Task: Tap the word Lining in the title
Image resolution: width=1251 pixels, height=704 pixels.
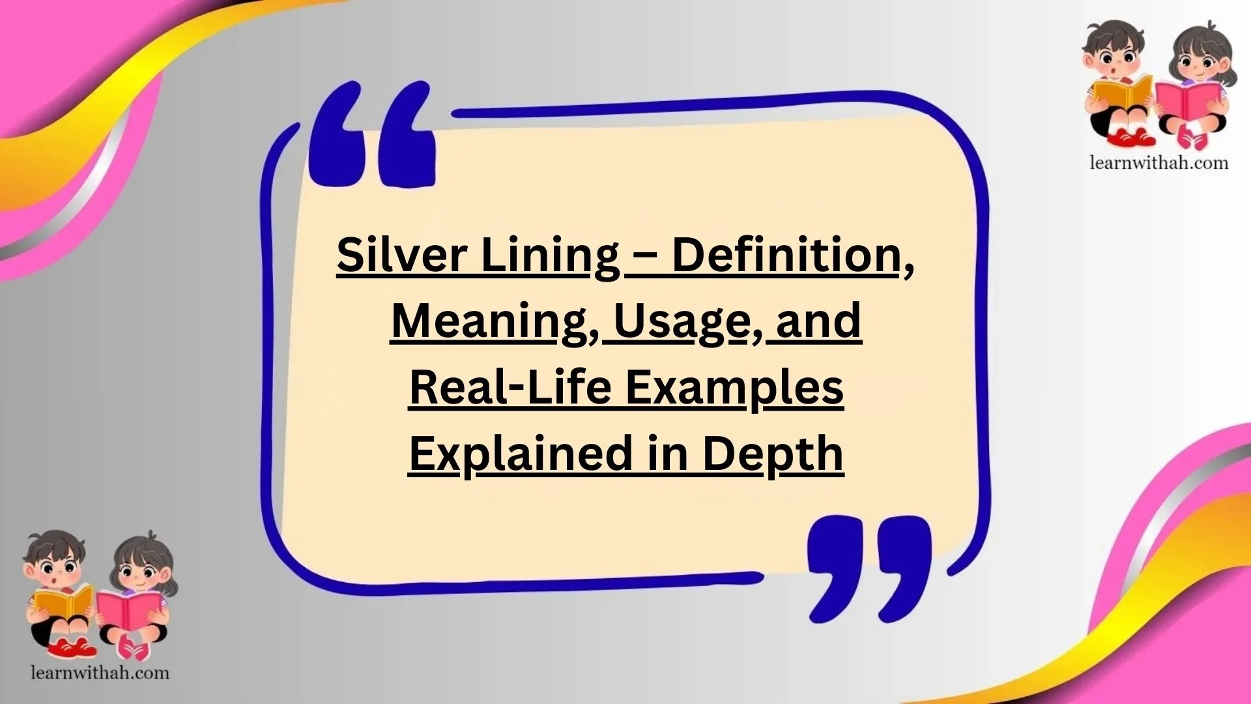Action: pyautogui.click(x=549, y=256)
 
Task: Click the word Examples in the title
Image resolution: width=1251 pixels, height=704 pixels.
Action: pyautogui.click(x=734, y=389)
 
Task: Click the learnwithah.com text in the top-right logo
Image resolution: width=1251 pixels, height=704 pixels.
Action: pyautogui.click(x=1159, y=162)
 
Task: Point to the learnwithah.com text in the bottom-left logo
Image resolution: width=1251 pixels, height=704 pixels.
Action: pyautogui.click(x=100, y=673)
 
